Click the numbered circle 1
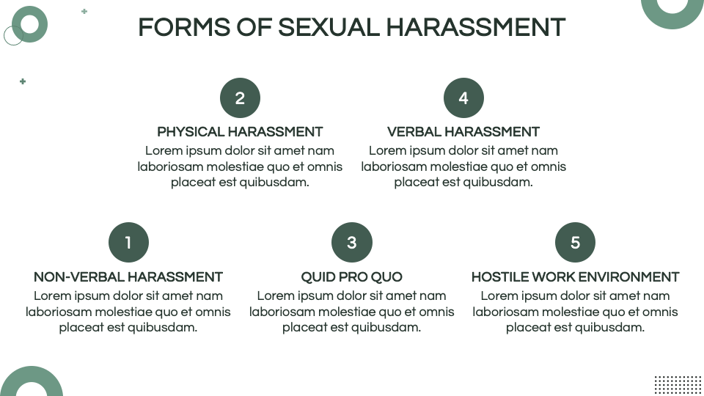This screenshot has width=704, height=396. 128,243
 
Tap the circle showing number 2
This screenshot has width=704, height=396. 241,98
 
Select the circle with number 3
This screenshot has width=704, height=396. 352,243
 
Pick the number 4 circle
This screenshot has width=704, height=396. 463,98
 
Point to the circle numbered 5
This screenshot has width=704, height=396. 575,243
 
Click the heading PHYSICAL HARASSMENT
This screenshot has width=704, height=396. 241,132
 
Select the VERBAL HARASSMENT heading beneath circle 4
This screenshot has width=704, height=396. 463,132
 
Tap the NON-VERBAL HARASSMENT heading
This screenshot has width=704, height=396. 128,277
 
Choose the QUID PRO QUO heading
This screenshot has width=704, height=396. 351,277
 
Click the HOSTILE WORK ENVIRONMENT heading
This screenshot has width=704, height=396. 575,277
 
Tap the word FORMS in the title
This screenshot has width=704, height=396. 184,27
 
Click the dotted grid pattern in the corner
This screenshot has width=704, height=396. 678,385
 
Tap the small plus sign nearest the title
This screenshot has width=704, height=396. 84,11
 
